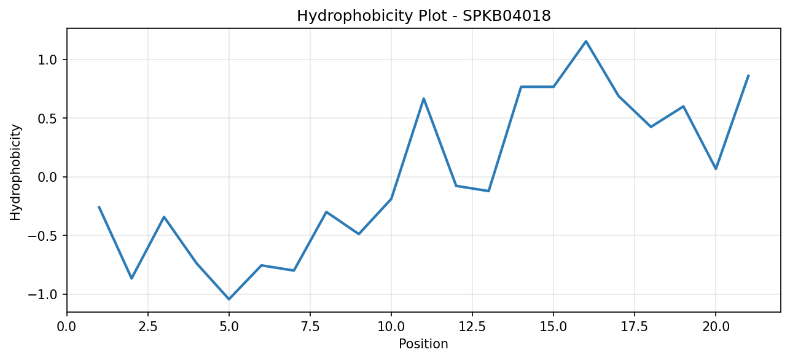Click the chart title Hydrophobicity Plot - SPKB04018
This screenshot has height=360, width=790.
coord(424,16)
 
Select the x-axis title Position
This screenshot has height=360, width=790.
coord(423,344)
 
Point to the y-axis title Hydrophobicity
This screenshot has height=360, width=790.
coord(15,172)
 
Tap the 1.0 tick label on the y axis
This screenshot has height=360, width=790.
coord(47,60)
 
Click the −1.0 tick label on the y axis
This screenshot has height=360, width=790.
coord(42,294)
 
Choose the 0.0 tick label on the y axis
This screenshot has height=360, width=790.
coord(47,177)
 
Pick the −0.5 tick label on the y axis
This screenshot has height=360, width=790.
coord(42,235)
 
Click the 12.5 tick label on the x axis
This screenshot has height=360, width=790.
coord(472,327)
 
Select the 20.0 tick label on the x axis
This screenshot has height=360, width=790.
coord(716,327)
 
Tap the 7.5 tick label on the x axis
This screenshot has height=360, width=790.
coord(310,327)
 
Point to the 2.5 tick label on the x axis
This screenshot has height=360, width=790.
coord(148,327)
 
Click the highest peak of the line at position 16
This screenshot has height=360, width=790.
coord(586,41)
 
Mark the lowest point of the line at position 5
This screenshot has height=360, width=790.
coord(229,299)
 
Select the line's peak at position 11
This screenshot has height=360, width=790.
coord(424,98)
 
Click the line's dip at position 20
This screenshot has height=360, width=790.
coord(716,169)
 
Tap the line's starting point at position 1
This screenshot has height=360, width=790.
coord(99,206)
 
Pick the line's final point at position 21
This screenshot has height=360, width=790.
coord(748,75)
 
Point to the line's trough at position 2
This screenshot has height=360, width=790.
coord(131,278)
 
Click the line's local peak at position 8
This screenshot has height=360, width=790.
coord(326,212)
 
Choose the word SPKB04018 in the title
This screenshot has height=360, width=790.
coord(507,16)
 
